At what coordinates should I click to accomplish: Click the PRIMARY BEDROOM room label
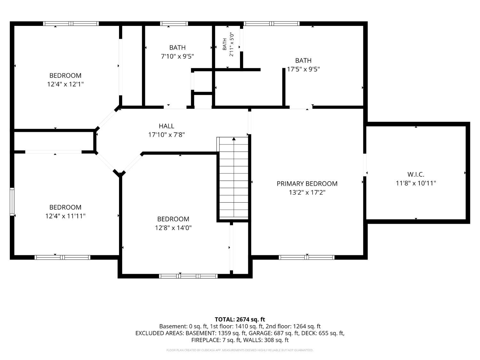pyautogui.click(x=307, y=184)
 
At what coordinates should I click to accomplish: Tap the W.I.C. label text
pyautogui.click(x=416, y=174)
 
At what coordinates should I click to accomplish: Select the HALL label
pyautogui.click(x=166, y=126)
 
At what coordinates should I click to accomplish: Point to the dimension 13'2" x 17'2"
pyautogui.click(x=307, y=192)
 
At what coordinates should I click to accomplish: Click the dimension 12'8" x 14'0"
pyautogui.click(x=173, y=228)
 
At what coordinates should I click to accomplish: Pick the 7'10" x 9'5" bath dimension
pyautogui.click(x=177, y=56)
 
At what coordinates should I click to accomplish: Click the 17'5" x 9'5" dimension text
pyautogui.click(x=303, y=69)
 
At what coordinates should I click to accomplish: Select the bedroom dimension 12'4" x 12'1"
pyautogui.click(x=65, y=84)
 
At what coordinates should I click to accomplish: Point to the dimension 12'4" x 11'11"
pyautogui.click(x=65, y=216)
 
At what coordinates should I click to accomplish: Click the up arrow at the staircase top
pyautogui.click(x=234, y=139)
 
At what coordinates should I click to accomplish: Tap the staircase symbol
pyautogui.click(x=232, y=178)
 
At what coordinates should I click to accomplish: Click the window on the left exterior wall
pyautogui.click(x=12, y=202)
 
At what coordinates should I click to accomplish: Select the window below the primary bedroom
pyautogui.click(x=307, y=257)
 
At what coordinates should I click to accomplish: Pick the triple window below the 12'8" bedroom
pyautogui.click(x=188, y=276)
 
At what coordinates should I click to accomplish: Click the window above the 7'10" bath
pyautogui.click(x=174, y=24)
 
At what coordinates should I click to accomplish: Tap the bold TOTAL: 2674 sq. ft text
pyautogui.click(x=240, y=319)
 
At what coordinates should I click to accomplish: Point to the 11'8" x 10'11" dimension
pyautogui.click(x=416, y=183)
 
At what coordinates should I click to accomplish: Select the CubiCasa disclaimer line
pyautogui.click(x=240, y=350)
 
